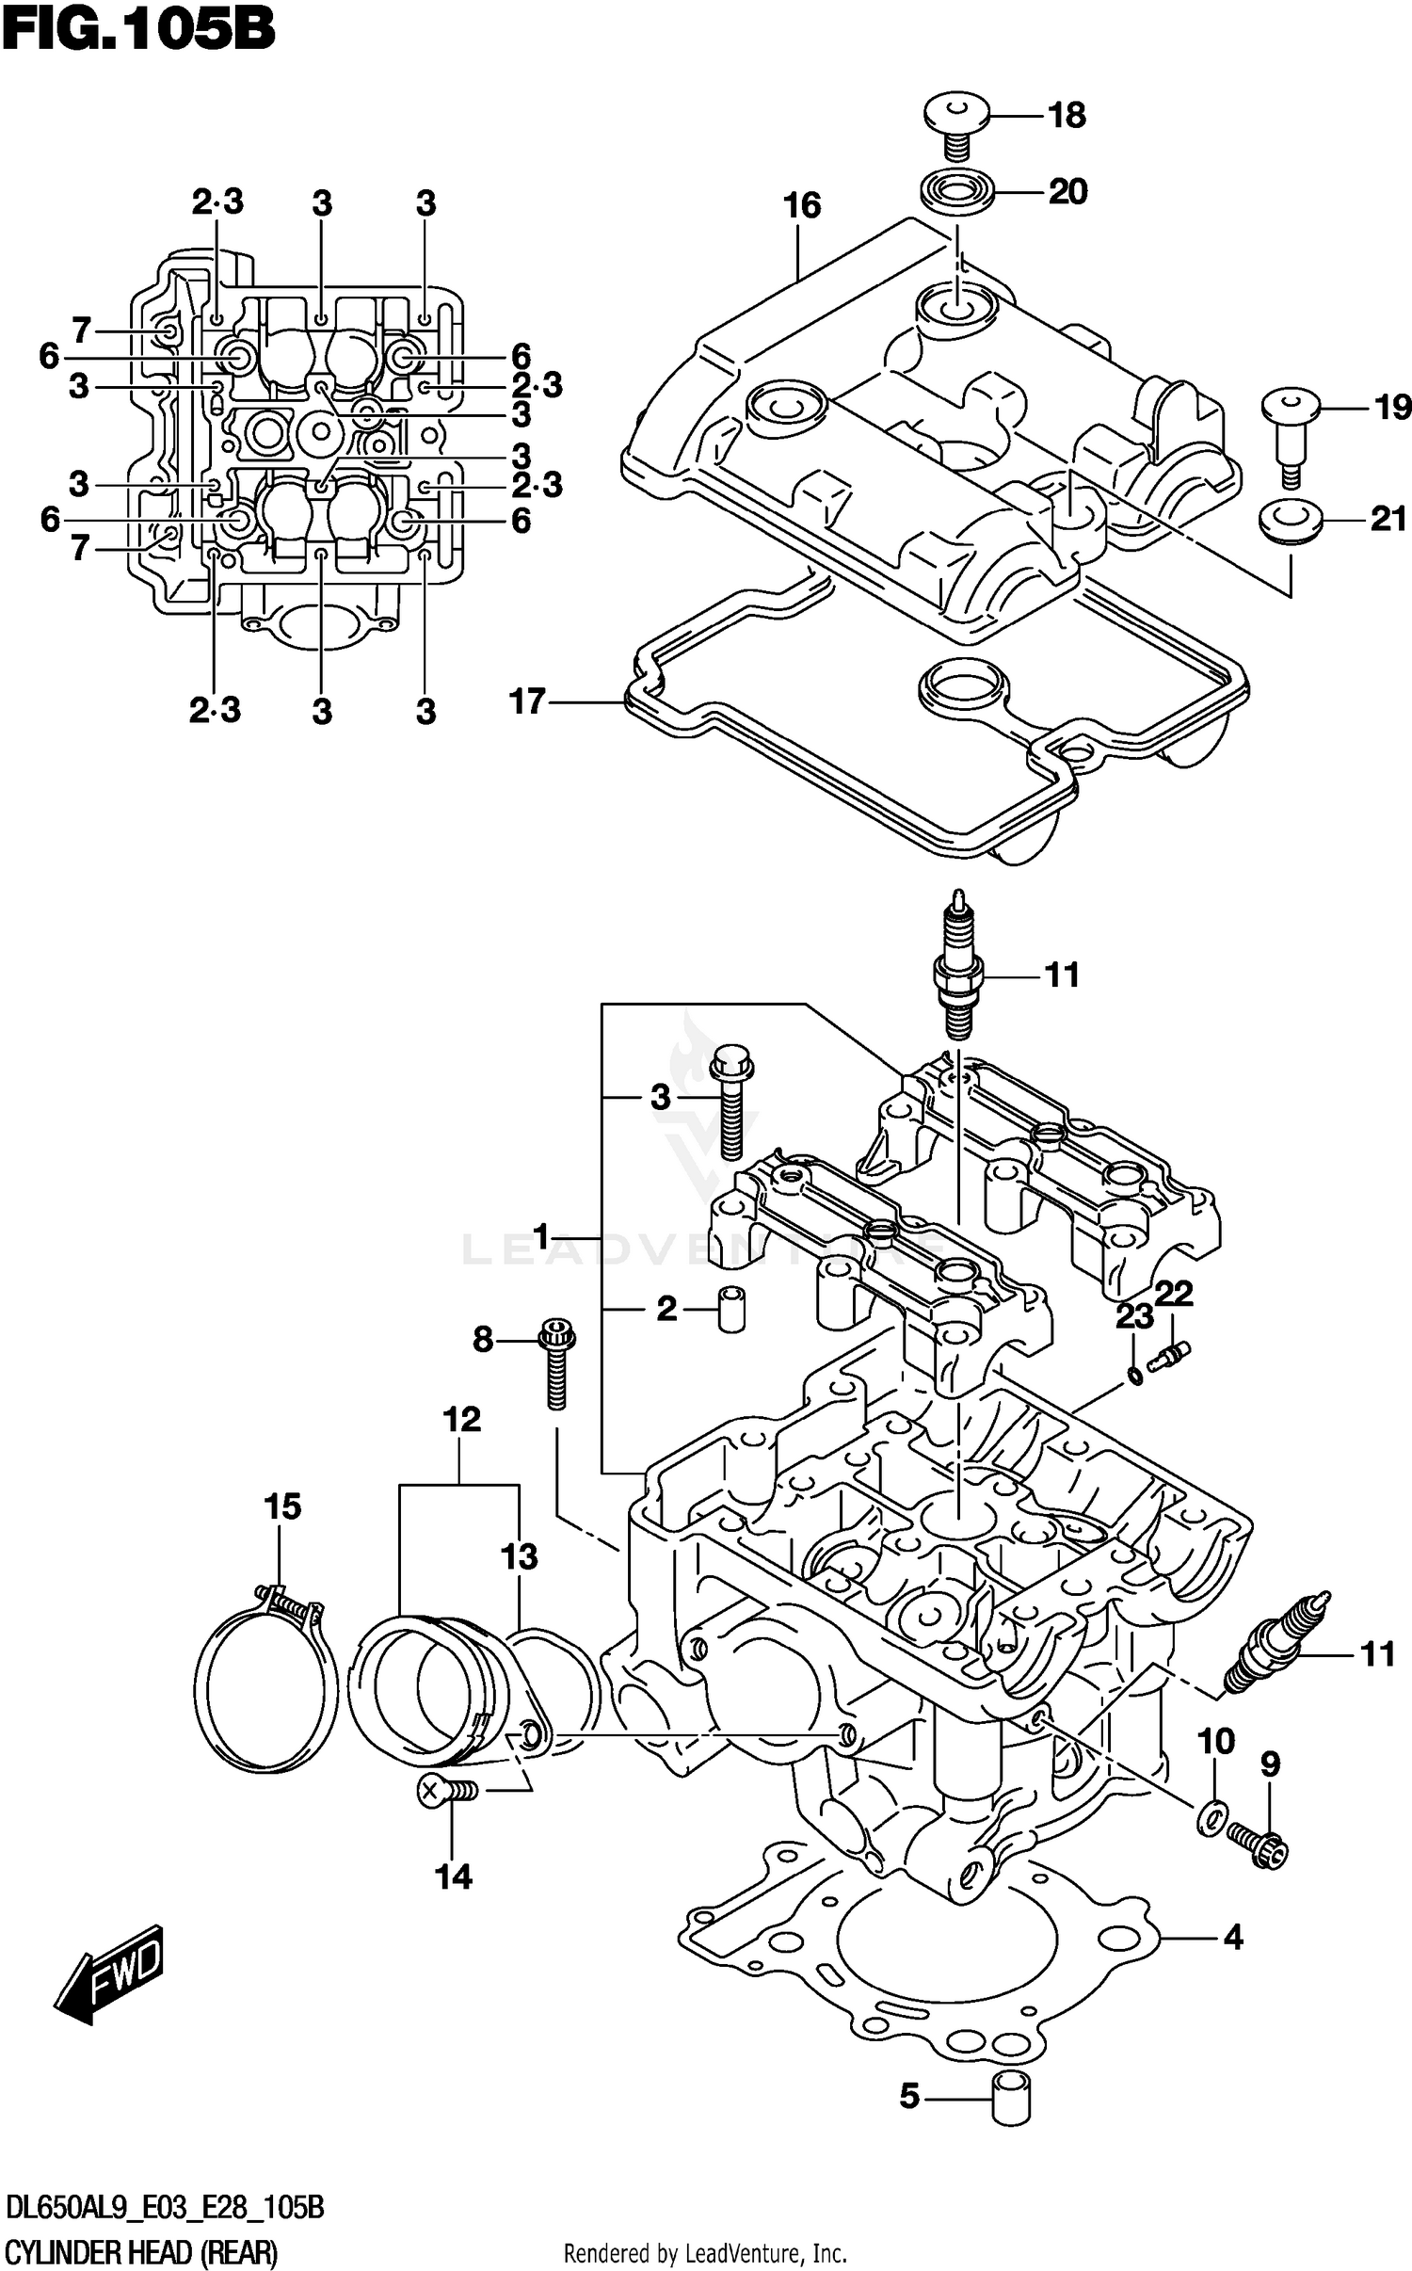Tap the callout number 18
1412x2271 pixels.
pos(1067,116)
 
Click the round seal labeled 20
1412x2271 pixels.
pos(956,192)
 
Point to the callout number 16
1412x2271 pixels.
pos(802,205)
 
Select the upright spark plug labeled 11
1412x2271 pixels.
pos(957,973)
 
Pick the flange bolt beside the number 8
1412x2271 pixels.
pos(556,1365)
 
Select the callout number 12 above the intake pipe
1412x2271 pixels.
pos(462,1419)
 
